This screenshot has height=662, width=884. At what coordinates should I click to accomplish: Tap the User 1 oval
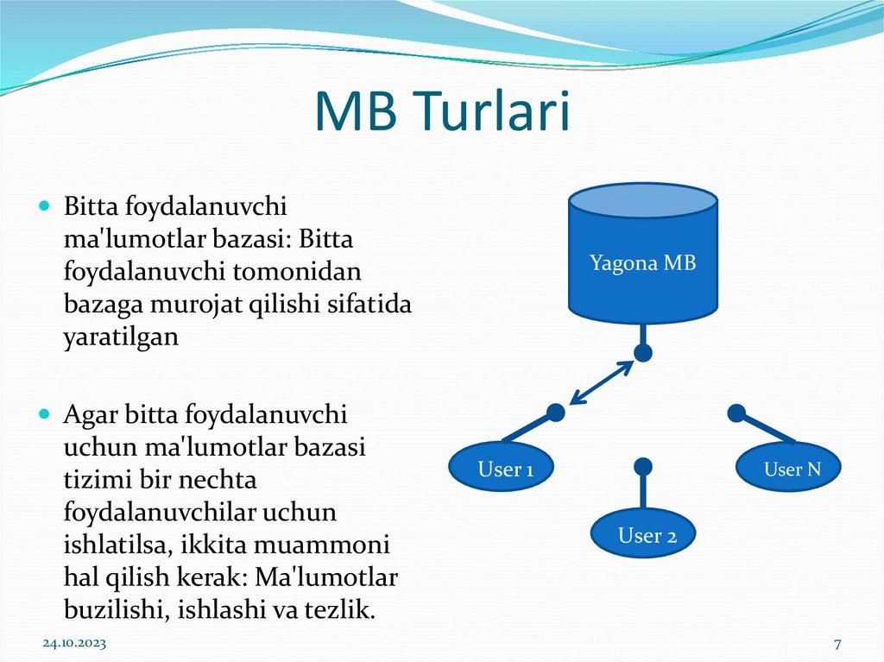[505, 470]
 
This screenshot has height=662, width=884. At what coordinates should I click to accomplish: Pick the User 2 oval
[647, 536]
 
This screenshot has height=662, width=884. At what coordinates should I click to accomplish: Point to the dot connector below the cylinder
[642, 352]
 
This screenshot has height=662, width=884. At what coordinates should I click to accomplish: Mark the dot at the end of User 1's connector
[557, 413]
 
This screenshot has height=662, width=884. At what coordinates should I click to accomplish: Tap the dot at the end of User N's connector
[736, 413]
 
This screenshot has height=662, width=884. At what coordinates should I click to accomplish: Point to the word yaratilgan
[121, 337]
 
